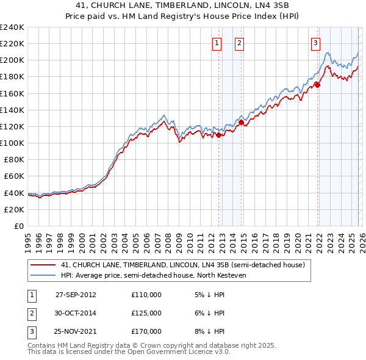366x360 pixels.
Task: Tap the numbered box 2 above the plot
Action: point(239,43)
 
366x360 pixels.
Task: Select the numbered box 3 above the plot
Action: point(315,43)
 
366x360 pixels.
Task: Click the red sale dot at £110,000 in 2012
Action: point(219,135)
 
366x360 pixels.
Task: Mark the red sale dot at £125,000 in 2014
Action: point(242,123)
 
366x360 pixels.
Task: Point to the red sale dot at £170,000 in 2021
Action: point(318,85)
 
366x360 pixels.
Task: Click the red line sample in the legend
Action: point(43,265)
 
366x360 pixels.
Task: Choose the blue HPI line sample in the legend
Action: point(43,276)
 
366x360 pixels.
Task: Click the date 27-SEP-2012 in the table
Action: point(76,295)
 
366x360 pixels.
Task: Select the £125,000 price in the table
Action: point(146,313)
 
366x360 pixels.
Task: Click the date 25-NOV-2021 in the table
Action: point(76,331)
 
